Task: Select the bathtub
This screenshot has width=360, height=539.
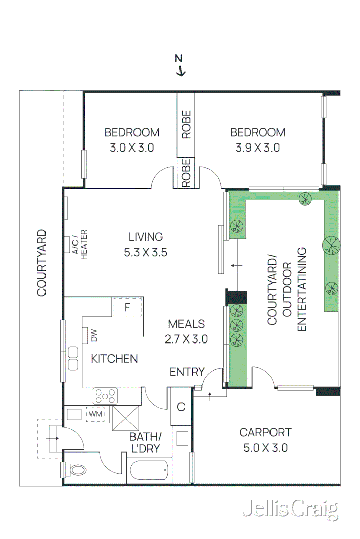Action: click(149, 471)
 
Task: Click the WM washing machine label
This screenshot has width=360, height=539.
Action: click(96, 414)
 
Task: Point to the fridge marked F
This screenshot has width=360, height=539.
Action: click(127, 307)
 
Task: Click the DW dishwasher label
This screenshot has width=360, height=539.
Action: click(93, 335)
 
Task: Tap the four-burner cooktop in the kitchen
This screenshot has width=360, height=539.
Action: click(105, 396)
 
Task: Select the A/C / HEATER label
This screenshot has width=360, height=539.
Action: click(80, 244)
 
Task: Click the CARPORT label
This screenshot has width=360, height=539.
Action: click(265, 432)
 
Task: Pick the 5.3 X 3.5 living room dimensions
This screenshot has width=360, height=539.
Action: click(146, 252)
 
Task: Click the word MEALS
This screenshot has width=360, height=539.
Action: click(186, 324)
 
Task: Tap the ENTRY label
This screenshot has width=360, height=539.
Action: click(187, 372)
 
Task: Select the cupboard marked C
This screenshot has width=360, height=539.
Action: click(181, 407)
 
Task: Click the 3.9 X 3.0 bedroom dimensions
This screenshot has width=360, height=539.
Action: click(257, 148)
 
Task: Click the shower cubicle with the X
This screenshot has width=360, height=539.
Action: click(125, 418)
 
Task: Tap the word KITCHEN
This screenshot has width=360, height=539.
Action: click(114, 359)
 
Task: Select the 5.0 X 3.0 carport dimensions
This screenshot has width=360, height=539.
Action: click(265, 448)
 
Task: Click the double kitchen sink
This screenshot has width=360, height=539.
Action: click(73, 359)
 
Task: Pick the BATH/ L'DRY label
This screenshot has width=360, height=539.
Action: click(145, 443)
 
